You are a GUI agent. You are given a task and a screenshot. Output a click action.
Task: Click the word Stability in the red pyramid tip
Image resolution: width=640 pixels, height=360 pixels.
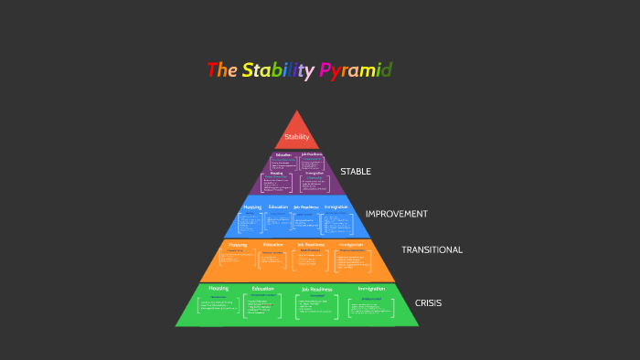click(x=297, y=137)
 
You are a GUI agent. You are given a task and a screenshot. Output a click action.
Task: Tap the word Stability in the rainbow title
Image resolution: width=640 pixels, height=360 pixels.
click(x=278, y=70)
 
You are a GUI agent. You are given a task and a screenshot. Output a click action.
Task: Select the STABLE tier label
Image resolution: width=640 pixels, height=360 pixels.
click(x=356, y=171)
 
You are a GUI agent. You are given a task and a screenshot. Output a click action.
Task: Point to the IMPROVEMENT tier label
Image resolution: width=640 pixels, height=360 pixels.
click(x=396, y=214)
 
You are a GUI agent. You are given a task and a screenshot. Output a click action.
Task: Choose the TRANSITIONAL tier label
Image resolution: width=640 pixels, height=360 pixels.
click(x=432, y=249)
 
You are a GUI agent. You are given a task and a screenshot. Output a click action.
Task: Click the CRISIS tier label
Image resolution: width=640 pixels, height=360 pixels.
click(x=428, y=302)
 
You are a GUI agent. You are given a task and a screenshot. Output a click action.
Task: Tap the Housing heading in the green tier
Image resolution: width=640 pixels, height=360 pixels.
click(x=219, y=289)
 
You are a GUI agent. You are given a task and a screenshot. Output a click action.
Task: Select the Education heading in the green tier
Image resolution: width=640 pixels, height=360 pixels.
click(x=263, y=289)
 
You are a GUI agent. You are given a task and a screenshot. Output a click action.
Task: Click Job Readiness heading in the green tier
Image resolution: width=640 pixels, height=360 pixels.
click(x=317, y=289)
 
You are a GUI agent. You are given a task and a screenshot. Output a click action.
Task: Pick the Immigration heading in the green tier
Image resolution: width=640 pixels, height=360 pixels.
click(x=371, y=289)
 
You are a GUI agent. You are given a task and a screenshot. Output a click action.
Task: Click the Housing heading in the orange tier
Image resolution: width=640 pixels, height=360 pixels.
click(x=238, y=245)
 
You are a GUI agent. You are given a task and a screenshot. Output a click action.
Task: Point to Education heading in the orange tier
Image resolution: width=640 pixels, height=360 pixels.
click(x=273, y=245)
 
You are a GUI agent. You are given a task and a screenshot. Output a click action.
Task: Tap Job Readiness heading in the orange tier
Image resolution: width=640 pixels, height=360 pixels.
click(x=311, y=245)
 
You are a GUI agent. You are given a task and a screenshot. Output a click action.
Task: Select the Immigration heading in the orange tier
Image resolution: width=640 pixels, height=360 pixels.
click(x=351, y=245)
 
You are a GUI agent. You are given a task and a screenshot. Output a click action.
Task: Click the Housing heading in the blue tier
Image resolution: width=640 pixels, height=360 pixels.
click(x=252, y=206)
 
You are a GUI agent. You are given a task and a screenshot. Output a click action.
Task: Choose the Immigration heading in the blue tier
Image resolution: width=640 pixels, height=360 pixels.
click(x=336, y=206)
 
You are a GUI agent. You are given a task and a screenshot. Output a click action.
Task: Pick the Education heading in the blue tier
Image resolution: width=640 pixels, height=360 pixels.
click(x=278, y=206)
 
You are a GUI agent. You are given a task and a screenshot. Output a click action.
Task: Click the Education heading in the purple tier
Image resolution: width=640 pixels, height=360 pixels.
click(x=283, y=154)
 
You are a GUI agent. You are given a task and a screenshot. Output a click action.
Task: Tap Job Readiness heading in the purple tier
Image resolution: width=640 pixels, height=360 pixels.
click(x=312, y=154)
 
